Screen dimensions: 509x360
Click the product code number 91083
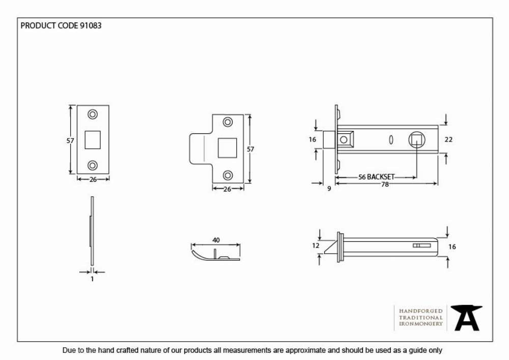91,25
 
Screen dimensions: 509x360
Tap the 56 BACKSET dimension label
376,177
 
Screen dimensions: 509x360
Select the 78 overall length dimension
385,184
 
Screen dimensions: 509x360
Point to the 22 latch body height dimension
448,140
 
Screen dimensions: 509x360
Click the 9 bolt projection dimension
329,188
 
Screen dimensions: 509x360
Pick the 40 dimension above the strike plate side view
216,240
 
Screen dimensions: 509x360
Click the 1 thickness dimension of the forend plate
92,279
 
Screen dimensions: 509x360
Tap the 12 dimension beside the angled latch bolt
316,246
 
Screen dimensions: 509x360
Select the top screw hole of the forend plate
93,115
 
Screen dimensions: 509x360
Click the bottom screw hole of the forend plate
93,165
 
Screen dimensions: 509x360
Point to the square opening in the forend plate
93,140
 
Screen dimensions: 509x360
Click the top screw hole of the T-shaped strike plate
228,122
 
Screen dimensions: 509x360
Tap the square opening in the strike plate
227,148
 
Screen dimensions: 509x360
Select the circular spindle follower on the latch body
416,140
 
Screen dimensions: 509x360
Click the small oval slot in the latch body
391,140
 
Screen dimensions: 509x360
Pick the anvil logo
467,318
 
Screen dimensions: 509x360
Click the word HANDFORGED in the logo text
421,311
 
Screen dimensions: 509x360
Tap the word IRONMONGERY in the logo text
421,324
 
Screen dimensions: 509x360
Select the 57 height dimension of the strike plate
250,149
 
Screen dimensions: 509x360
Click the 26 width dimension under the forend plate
93,180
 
